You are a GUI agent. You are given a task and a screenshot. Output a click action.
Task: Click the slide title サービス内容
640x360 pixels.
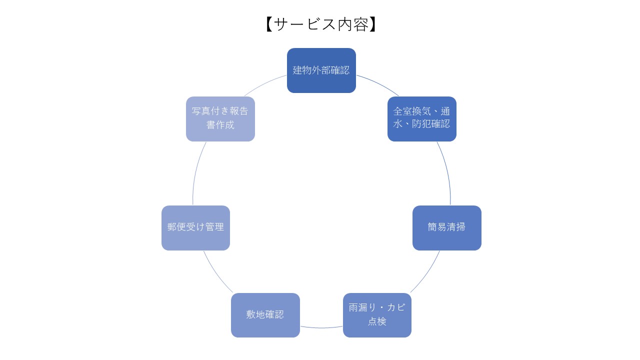coord(321,24)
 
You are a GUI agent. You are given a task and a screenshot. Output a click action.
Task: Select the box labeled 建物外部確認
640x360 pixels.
coord(321,70)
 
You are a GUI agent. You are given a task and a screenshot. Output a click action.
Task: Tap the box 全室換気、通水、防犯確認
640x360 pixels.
coord(421,118)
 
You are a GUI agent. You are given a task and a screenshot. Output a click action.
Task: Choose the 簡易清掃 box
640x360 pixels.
coord(446,227)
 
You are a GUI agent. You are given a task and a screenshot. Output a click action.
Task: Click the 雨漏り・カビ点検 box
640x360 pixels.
coord(377,315)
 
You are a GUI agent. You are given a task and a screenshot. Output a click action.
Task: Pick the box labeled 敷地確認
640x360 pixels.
coord(265,315)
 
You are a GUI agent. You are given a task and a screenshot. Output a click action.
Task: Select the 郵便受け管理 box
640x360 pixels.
coord(195,227)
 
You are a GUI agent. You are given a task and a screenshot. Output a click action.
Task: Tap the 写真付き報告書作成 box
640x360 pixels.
coord(220,118)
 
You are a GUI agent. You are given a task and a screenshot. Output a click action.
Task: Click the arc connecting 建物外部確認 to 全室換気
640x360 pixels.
coord(378,83)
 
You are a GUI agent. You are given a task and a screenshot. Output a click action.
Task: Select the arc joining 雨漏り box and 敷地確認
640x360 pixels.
coord(321,328)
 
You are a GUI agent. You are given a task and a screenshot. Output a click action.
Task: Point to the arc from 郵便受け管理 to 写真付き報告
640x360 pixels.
coord(196,172)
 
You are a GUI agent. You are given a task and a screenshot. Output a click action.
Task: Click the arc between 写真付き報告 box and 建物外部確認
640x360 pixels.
coord(264,83)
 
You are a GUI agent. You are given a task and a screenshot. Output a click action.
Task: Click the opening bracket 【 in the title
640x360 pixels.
coord(268,24)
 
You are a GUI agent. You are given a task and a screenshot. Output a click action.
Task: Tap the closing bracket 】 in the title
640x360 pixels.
coord(373,24)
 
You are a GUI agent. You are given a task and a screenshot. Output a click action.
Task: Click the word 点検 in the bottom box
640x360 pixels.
coord(377,321)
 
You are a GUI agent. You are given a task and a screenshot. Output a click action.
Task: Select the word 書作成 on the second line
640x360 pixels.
coord(220,125)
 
